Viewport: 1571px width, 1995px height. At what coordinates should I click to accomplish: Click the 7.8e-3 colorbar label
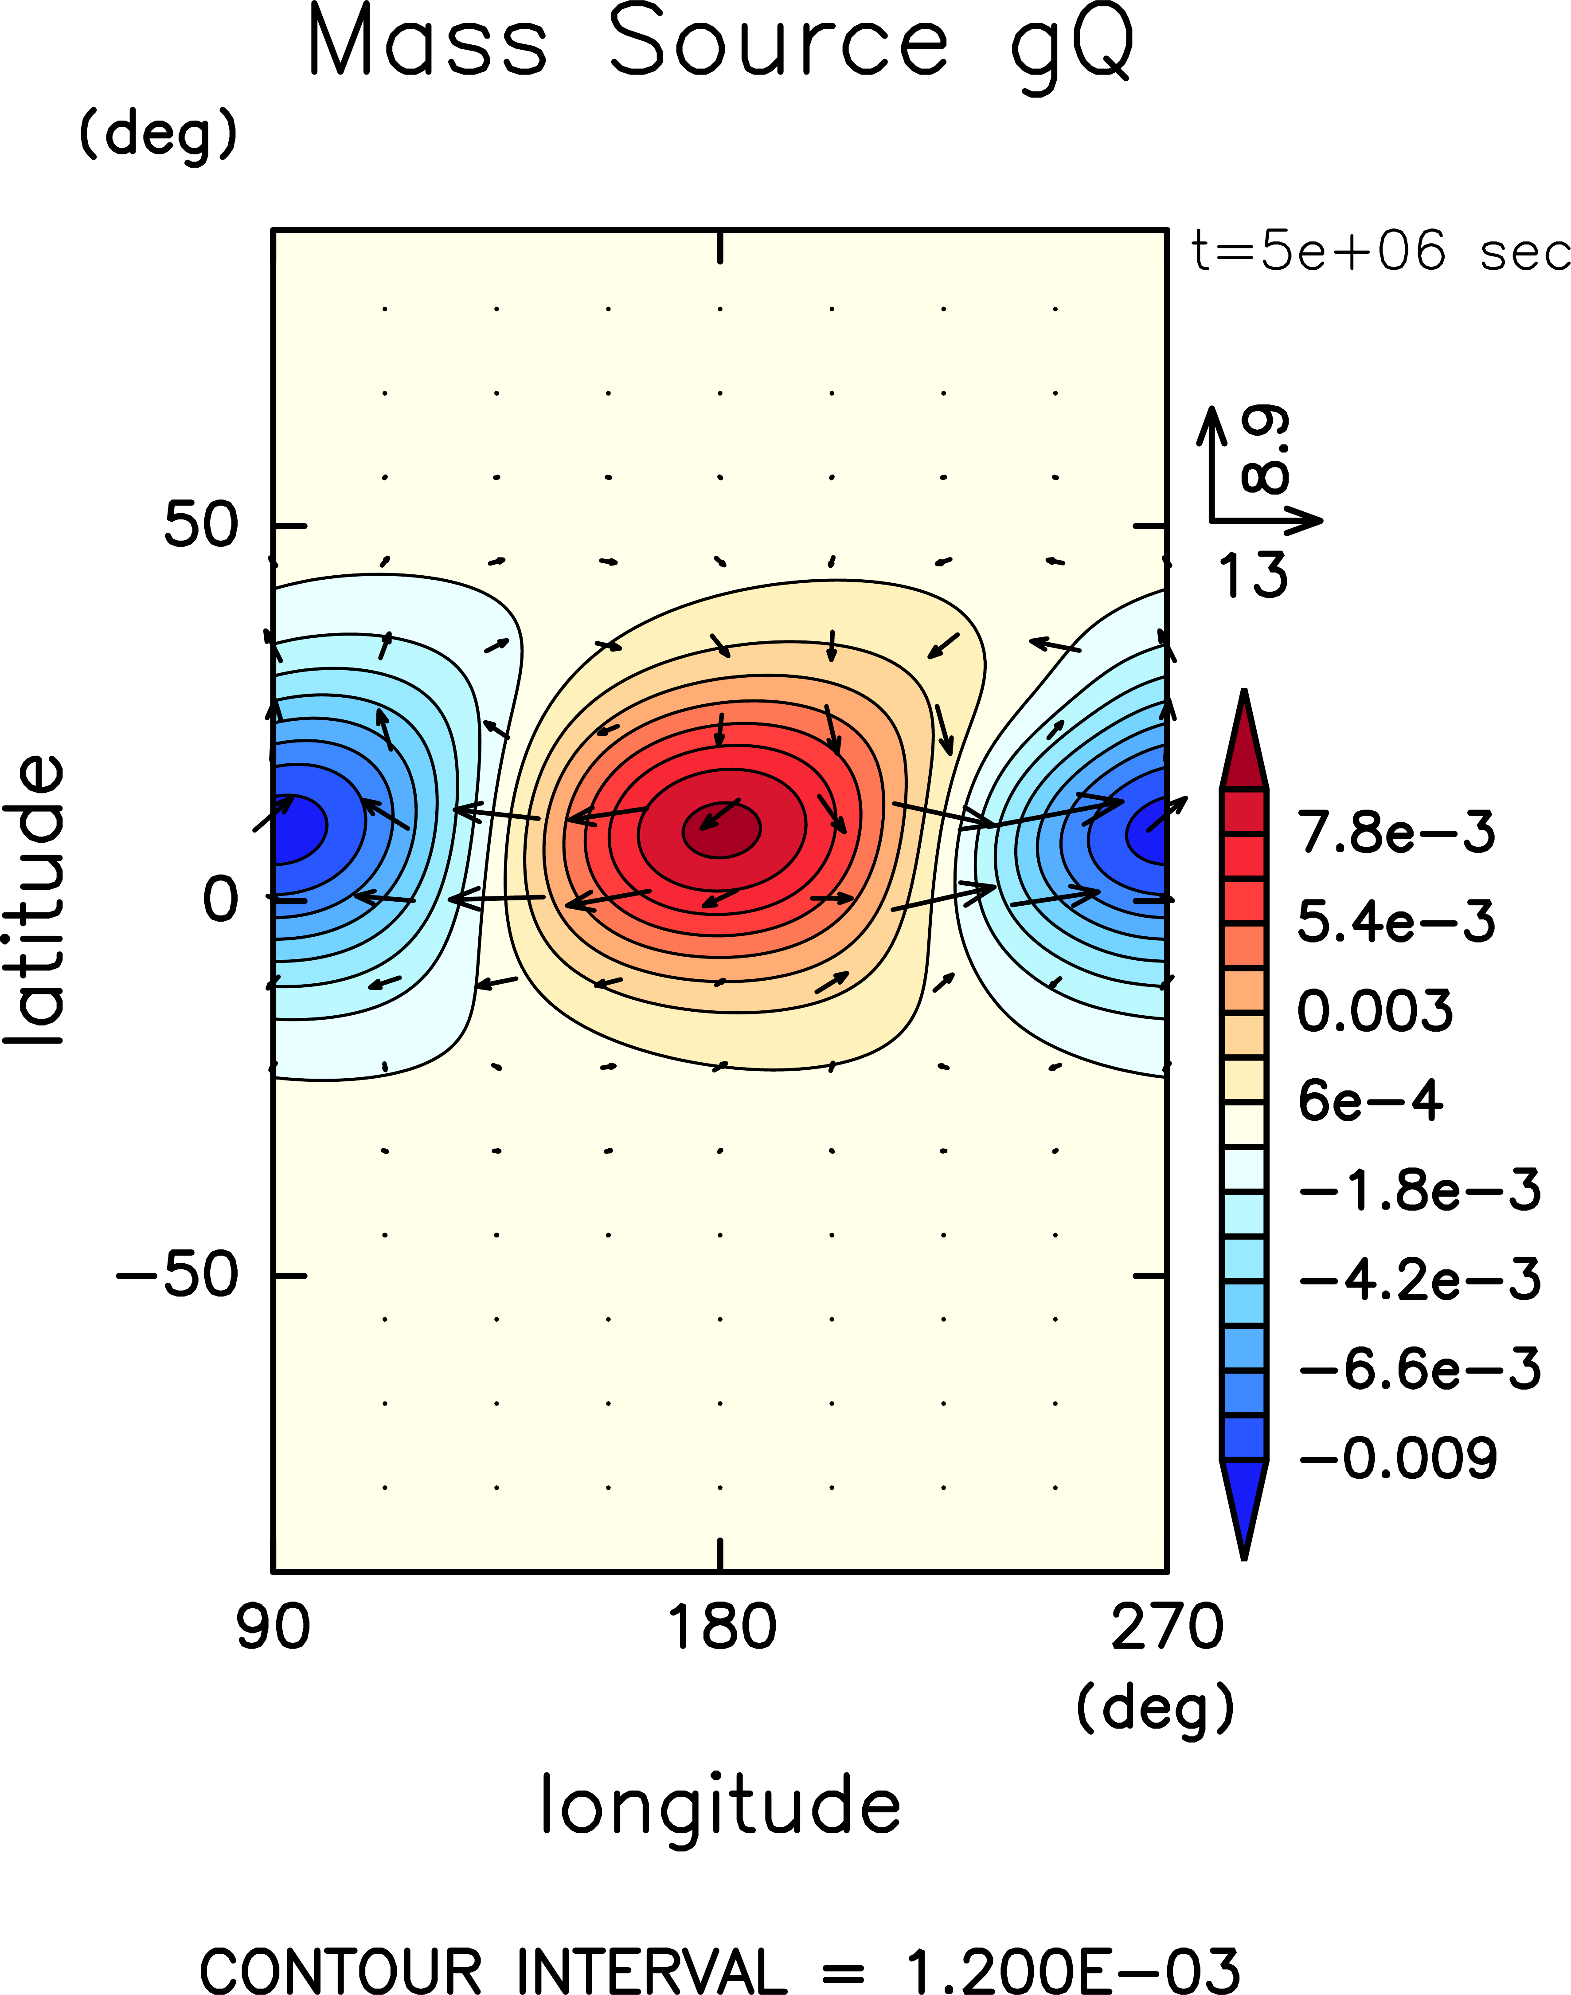coord(1396,832)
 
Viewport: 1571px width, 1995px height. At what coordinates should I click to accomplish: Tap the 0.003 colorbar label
coord(1375,1010)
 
